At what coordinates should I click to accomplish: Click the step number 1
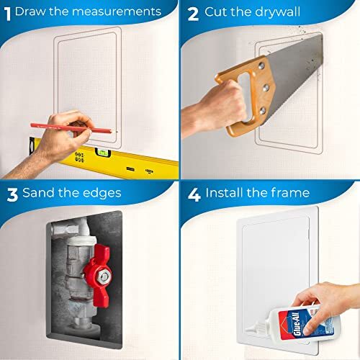pos(7,12)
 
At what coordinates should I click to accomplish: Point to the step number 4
pos(192,192)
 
